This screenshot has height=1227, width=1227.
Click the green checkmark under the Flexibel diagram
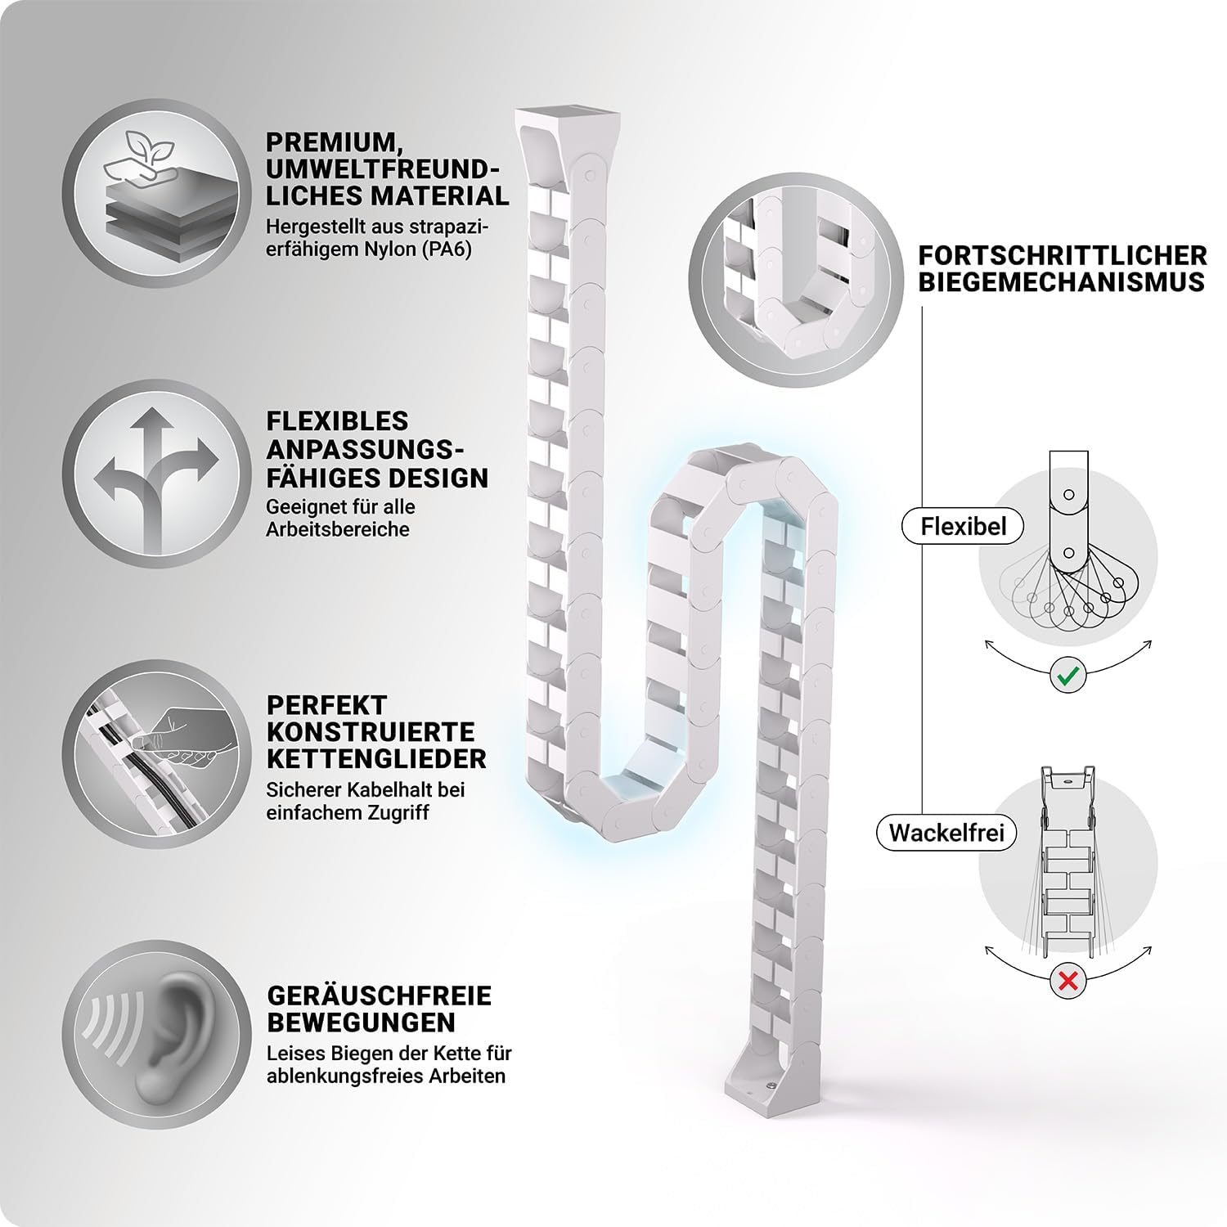(x=1067, y=676)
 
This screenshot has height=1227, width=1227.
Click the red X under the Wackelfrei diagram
(x=1067, y=979)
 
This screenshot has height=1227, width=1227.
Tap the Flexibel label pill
(x=963, y=526)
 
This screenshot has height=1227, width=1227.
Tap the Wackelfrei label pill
(x=946, y=833)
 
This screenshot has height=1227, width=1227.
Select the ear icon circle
(x=152, y=1036)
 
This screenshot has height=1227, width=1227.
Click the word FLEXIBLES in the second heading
(x=337, y=420)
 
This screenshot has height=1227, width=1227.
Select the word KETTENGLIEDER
(x=376, y=758)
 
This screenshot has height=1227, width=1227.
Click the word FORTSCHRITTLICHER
(x=1063, y=255)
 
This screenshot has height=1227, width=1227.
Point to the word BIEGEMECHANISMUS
(x=1061, y=282)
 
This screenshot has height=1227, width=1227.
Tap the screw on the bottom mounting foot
(x=771, y=1085)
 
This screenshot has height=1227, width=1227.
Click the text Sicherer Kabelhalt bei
(x=365, y=790)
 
